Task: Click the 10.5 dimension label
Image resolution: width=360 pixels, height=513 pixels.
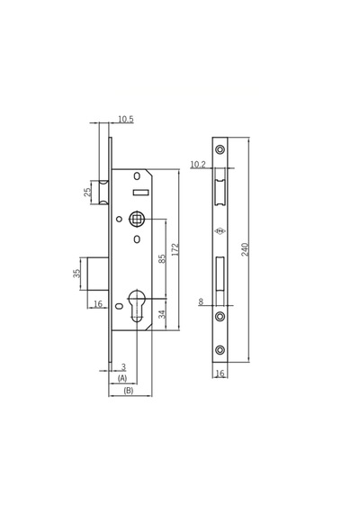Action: pyautogui.click(x=126, y=119)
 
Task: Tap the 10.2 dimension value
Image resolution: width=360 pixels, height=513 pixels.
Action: pyautogui.click(x=198, y=164)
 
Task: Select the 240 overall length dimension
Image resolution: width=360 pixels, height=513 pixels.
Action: pyautogui.click(x=245, y=249)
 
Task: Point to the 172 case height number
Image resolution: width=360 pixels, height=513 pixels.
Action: pyautogui.click(x=175, y=249)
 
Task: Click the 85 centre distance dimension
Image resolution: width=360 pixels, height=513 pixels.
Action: pyautogui.click(x=162, y=259)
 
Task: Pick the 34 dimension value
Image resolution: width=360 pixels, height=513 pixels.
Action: pyautogui.click(x=162, y=314)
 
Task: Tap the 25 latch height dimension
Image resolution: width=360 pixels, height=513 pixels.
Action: pyautogui.click(x=87, y=192)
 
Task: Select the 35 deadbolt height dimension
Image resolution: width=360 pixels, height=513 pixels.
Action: pyautogui.click(x=76, y=274)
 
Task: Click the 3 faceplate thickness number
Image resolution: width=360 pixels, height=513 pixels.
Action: pyautogui.click(x=123, y=367)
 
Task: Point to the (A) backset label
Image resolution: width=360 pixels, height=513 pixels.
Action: pyautogui.click(x=122, y=379)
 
